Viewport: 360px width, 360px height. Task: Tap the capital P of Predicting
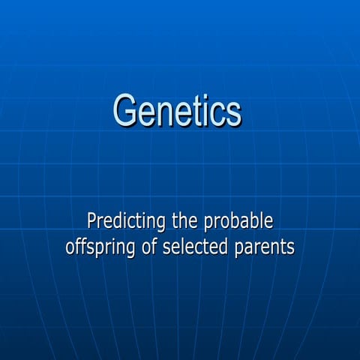click(92, 221)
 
